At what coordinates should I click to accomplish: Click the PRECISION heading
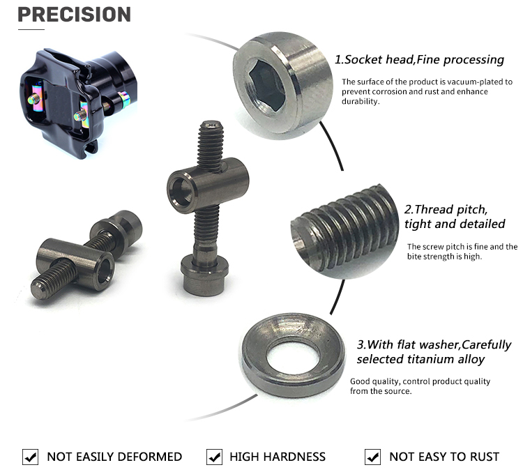(x=74, y=14)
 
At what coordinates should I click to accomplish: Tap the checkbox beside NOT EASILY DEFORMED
(x=31, y=457)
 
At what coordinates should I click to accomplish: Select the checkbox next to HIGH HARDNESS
(x=215, y=457)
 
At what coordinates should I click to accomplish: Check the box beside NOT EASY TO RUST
(x=373, y=457)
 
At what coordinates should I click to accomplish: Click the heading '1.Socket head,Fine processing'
(x=419, y=59)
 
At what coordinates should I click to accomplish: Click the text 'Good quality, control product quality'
(x=420, y=381)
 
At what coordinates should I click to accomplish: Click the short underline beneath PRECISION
(x=31, y=30)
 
